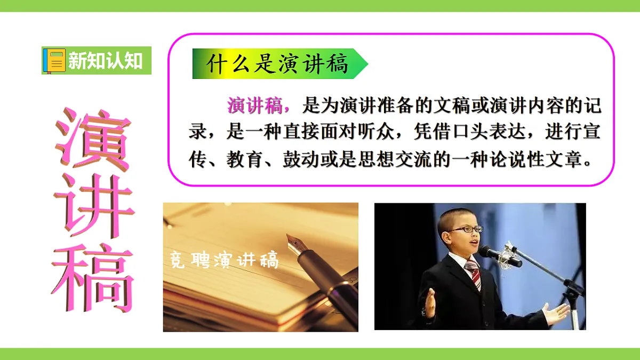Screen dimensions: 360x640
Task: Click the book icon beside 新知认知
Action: pyautogui.click(x=54, y=60)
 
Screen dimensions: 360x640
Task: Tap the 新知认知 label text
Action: pyautogui.click(x=105, y=61)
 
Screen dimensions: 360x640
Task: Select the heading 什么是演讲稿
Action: pyautogui.click(x=277, y=65)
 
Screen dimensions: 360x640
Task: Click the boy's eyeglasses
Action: pyautogui.click(x=466, y=229)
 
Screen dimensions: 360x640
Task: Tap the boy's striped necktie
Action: pyautogui.click(x=473, y=273)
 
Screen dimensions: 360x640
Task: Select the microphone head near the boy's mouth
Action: pyautogui.click(x=489, y=252)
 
